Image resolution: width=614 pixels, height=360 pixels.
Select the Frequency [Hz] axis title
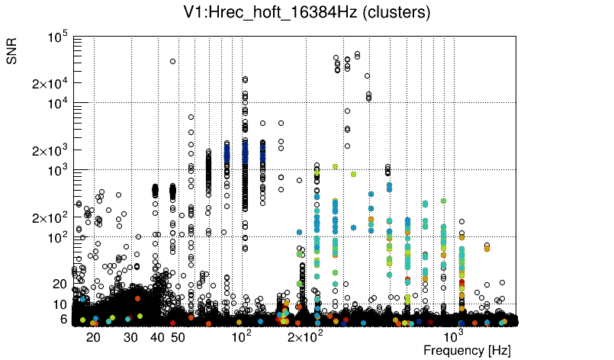point(467,350)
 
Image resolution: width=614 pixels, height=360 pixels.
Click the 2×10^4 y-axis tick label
point(50,83)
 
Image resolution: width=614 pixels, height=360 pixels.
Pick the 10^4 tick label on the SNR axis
point(58,103)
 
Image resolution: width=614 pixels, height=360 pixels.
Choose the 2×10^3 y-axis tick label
point(50,150)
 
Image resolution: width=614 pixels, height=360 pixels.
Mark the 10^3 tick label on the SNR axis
point(58,170)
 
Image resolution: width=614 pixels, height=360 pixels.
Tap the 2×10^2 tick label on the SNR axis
point(50,217)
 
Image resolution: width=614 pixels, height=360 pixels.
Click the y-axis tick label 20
point(61,284)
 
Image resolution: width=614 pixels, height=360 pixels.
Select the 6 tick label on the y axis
point(65,319)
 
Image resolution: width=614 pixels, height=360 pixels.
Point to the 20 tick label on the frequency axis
point(93,337)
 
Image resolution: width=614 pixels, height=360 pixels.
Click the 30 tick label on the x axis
point(130,337)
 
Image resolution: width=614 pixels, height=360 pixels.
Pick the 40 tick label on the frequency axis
point(157,337)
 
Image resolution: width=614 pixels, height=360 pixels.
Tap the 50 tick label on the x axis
point(177,337)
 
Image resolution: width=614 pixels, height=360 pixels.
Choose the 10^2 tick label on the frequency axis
point(241,336)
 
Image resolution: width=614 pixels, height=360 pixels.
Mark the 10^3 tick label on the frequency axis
point(455,336)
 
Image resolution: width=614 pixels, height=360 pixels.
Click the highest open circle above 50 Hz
point(172,61)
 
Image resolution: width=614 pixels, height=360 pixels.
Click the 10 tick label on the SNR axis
point(61,304)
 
